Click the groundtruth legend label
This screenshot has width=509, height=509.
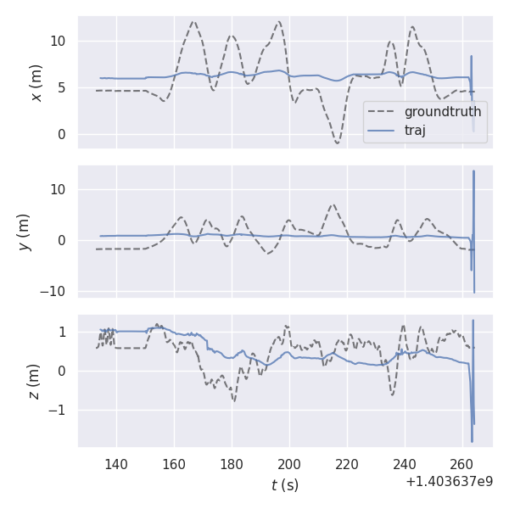443,112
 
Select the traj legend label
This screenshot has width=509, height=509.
415,130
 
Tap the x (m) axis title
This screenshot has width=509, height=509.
36,82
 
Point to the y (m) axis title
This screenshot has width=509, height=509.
25,232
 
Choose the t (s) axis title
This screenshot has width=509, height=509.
285,485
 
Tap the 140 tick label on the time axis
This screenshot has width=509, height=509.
116,464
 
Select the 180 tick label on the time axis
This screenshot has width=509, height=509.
232,464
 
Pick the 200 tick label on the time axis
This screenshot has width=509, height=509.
289,464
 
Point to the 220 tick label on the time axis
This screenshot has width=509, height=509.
347,464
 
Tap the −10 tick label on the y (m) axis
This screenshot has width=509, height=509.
54,291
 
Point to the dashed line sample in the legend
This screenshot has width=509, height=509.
383,112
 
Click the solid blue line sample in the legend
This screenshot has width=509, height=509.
383,130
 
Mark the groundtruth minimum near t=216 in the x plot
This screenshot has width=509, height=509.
337,143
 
